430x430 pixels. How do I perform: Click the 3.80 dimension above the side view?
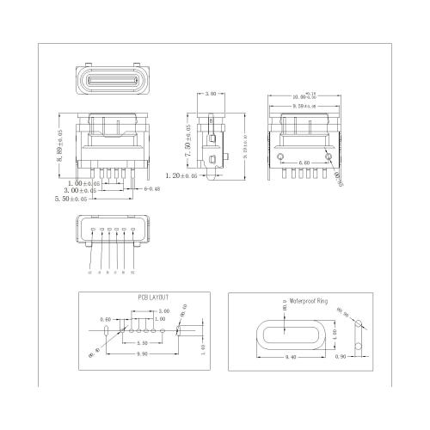[x=211, y=92]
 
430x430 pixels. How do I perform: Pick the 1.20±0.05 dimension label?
[x=180, y=175]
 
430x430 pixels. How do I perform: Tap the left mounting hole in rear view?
[x=280, y=156]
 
